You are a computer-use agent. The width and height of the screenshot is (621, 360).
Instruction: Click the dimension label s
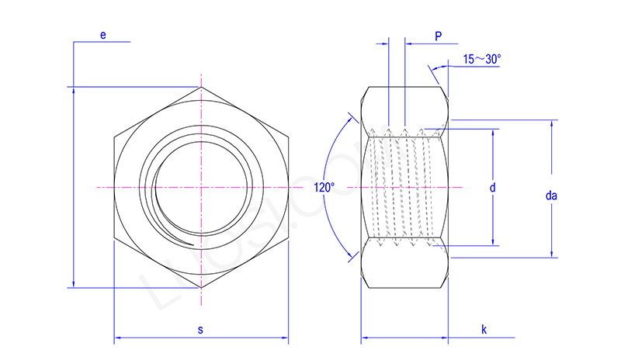coord(200,330)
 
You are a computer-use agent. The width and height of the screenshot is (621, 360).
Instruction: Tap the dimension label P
coord(439,36)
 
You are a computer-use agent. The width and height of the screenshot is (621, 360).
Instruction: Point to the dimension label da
coord(551,196)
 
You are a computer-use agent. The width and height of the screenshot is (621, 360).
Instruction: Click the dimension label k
coord(484,330)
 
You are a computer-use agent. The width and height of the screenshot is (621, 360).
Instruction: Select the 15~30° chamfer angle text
coord(482,59)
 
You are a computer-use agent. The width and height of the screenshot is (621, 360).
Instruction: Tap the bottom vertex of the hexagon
coord(201,288)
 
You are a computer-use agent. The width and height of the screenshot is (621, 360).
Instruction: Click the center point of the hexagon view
coord(201,187)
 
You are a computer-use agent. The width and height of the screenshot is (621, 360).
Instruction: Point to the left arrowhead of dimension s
coord(117,338)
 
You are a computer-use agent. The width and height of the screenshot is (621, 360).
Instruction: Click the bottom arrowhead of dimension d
coord(492,243)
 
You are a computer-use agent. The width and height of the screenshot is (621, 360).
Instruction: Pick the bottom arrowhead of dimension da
coord(552,254)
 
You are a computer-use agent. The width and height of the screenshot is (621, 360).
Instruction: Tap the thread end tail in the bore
coord(186,243)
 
